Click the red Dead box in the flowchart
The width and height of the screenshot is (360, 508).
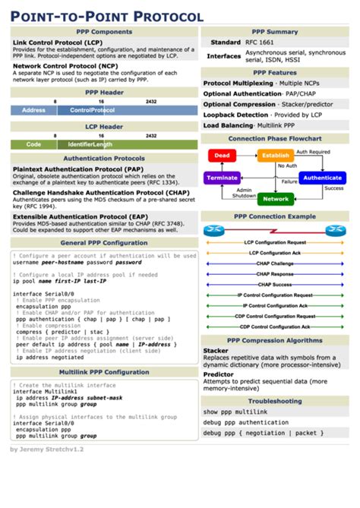(222, 156)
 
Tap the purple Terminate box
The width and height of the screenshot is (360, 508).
(222, 178)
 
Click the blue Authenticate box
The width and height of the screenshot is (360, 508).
(321, 178)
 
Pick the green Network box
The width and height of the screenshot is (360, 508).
(275, 199)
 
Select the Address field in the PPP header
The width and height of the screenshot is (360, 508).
(33, 110)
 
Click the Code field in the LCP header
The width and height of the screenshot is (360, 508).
(33, 144)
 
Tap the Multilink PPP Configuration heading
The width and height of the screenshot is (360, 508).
(104, 373)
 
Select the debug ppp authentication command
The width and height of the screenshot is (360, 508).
(245, 422)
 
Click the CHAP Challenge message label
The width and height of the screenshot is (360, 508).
(275, 263)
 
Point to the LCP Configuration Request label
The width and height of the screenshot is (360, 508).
(275, 242)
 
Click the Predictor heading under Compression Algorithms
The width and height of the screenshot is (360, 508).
(218, 374)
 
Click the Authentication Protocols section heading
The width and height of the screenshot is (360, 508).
(104, 159)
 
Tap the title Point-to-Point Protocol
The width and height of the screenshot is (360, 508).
(106, 15)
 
